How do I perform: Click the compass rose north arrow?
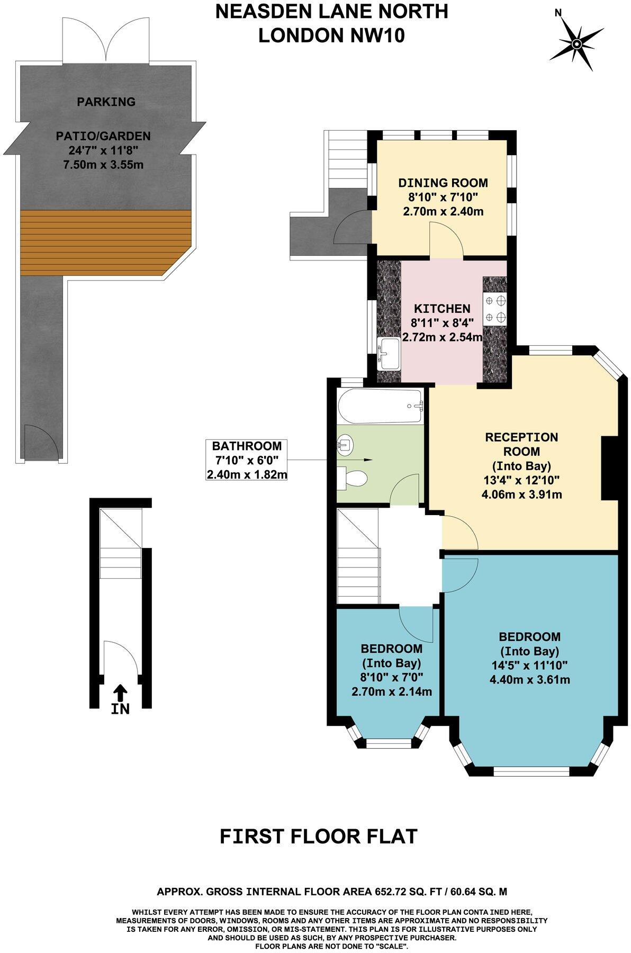point(576,42)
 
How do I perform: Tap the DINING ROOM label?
point(443,183)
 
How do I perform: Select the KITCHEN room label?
point(442,308)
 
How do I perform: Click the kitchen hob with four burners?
point(495,309)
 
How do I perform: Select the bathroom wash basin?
point(345,444)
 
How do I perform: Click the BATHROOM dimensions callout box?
point(247,460)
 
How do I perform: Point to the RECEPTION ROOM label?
point(521,444)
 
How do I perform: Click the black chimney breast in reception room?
point(610,468)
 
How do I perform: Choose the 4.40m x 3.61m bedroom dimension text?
point(529,679)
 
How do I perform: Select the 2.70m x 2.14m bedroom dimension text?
point(392,691)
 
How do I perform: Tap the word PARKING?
point(106,102)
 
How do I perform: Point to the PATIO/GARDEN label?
point(103,136)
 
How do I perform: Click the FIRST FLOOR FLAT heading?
point(319,837)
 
